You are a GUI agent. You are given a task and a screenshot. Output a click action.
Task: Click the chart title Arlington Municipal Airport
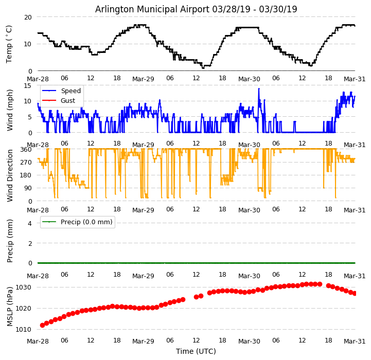point(196,9)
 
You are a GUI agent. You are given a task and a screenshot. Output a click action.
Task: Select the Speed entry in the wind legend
point(70,91)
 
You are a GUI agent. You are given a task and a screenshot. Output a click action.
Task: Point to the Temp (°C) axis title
point(9,44)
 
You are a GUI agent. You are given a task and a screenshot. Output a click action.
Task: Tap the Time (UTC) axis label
point(196,352)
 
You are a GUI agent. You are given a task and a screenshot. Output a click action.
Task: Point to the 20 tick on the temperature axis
point(27,17)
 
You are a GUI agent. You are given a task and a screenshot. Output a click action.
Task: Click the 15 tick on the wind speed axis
point(27,86)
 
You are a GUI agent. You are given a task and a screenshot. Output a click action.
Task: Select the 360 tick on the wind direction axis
point(25,149)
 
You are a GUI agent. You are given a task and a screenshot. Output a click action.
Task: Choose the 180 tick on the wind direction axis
point(25,175)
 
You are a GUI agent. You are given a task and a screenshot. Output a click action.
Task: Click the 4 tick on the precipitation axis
point(30,223)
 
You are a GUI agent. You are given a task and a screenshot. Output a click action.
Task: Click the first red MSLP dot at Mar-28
point(42,325)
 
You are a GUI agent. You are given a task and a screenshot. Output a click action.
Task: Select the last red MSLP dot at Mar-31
point(355,293)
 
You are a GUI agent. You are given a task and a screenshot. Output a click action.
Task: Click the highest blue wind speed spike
point(259,89)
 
